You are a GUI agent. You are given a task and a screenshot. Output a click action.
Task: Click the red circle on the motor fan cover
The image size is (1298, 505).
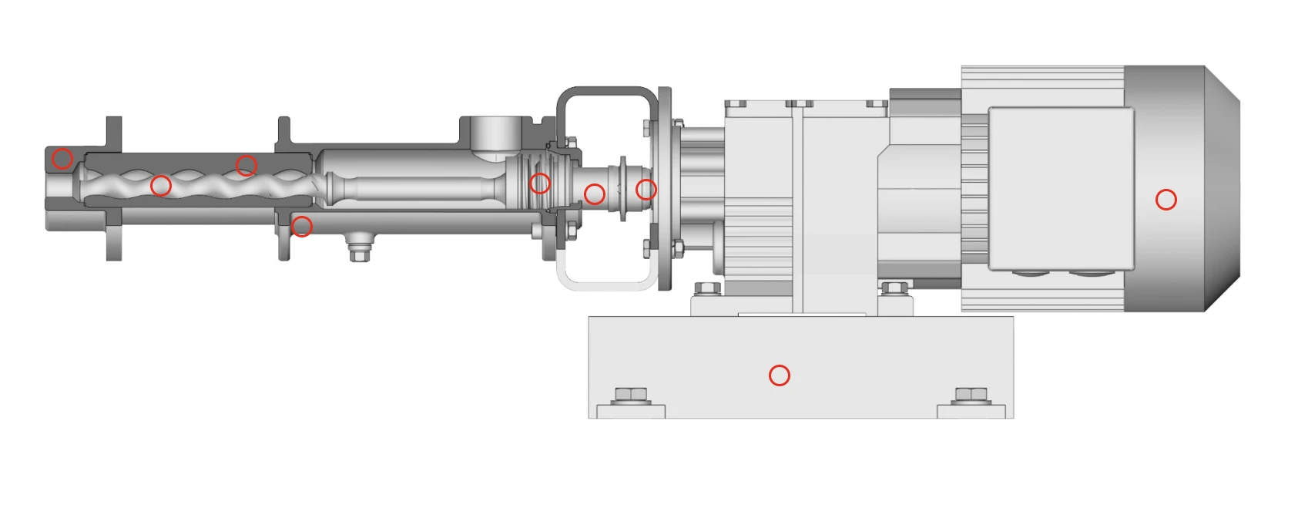(x=1166, y=200)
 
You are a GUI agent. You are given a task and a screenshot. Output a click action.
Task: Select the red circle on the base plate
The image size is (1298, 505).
(x=779, y=375)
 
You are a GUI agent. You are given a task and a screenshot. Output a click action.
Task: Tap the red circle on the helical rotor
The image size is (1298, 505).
(x=160, y=185)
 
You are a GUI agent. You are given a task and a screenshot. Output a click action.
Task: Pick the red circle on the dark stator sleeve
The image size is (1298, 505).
(x=246, y=165)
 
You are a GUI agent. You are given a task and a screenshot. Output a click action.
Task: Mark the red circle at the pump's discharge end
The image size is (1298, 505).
(x=62, y=159)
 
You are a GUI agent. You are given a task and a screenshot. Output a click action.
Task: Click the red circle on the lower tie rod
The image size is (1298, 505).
(x=302, y=226)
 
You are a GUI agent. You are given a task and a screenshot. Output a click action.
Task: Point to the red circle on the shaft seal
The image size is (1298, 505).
(x=539, y=183)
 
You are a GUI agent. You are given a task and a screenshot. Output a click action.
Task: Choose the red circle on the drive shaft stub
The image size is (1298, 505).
(x=594, y=194)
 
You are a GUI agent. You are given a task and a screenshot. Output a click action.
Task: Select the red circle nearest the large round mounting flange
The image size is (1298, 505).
(x=646, y=189)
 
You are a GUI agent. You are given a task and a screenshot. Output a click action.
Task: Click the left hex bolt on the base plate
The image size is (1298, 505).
(x=632, y=396)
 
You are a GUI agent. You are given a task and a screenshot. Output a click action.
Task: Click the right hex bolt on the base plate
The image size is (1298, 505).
(x=971, y=396)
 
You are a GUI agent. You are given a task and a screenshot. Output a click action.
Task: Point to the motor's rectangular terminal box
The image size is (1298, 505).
(x=1061, y=189)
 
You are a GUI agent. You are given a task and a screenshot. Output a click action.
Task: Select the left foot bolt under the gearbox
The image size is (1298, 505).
(x=707, y=289)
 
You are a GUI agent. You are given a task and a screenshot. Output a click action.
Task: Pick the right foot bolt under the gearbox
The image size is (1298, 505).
(x=894, y=289)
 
